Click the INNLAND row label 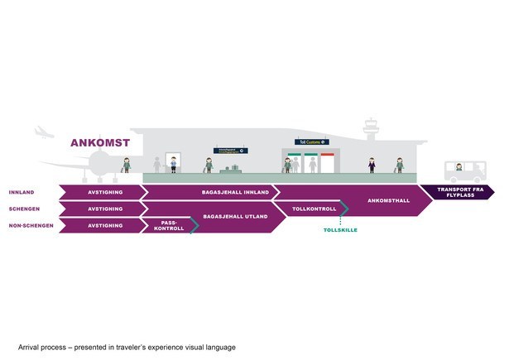(x=22, y=192)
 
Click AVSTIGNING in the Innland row (x=105, y=192)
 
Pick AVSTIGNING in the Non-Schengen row (x=105, y=225)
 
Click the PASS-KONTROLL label (x=168, y=225)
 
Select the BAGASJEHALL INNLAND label (x=236, y=192)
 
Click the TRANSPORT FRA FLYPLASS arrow (x=456, y=192)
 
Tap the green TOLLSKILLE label (x=340, y=229)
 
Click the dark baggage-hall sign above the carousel (x=231, y=151)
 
